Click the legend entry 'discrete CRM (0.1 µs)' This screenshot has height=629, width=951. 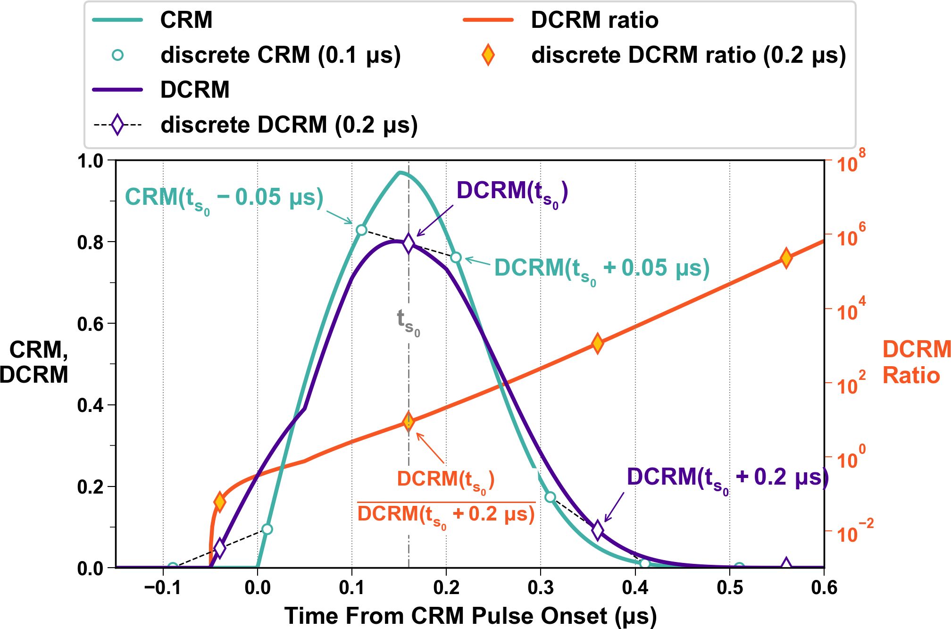(x=280, y=55)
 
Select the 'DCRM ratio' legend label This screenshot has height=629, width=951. (x=594, y=20)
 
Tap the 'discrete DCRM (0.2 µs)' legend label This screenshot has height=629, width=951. (x=289, y=125)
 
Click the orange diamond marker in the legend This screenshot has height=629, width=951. (x=488, y=55)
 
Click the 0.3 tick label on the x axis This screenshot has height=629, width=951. (x=541, y=588)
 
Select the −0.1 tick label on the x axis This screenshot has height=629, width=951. (x=163, y=588)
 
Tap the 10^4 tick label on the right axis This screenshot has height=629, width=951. (x=851, y=310)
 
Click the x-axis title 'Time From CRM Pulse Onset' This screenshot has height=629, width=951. (x=470, y=616)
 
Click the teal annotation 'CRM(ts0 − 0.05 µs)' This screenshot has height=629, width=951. (x=224, y=198)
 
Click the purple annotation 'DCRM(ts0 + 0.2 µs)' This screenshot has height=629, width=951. (x=727, y=478)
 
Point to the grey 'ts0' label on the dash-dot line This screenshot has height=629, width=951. (x=409, y=322)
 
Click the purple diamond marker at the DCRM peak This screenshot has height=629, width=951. (x=409, y=243)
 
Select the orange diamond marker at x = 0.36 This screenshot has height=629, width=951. (x=597, y=343)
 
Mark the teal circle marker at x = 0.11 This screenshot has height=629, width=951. (x=361, y=230)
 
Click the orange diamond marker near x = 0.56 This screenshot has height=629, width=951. (x=786, y=258)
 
